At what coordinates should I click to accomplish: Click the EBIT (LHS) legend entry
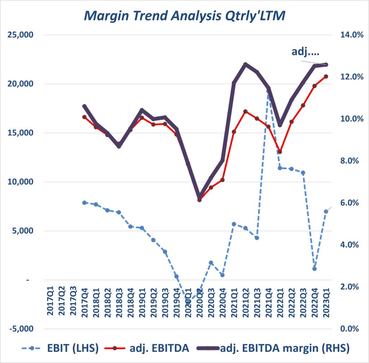coord(61,348)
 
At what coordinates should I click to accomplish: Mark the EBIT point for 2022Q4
coord(315,269)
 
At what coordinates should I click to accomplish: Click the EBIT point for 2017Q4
coord(84,203)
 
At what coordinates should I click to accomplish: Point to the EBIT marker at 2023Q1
coord(326,211)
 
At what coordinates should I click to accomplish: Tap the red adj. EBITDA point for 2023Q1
coord(326,76)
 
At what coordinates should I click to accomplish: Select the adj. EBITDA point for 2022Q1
coord(280,152)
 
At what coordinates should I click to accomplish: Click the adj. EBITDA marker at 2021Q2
coord(245,111)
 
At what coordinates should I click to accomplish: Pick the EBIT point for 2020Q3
coord(211,263)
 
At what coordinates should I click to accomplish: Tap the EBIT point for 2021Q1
coord(234,224)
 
